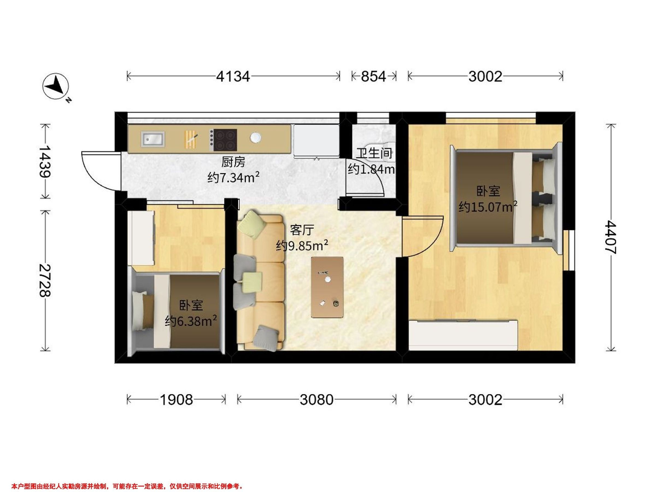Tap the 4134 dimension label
[x=233, y=77]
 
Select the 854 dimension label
[x=373, y=77]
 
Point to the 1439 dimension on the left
[x=45, y=161]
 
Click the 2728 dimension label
[x=45, y=280]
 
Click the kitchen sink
[x=153, y=139]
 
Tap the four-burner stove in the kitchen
[x=224, y=140]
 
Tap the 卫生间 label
[x=374, y=153]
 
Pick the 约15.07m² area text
[x=488, y=206]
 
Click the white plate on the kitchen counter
[x=255, y=137]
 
